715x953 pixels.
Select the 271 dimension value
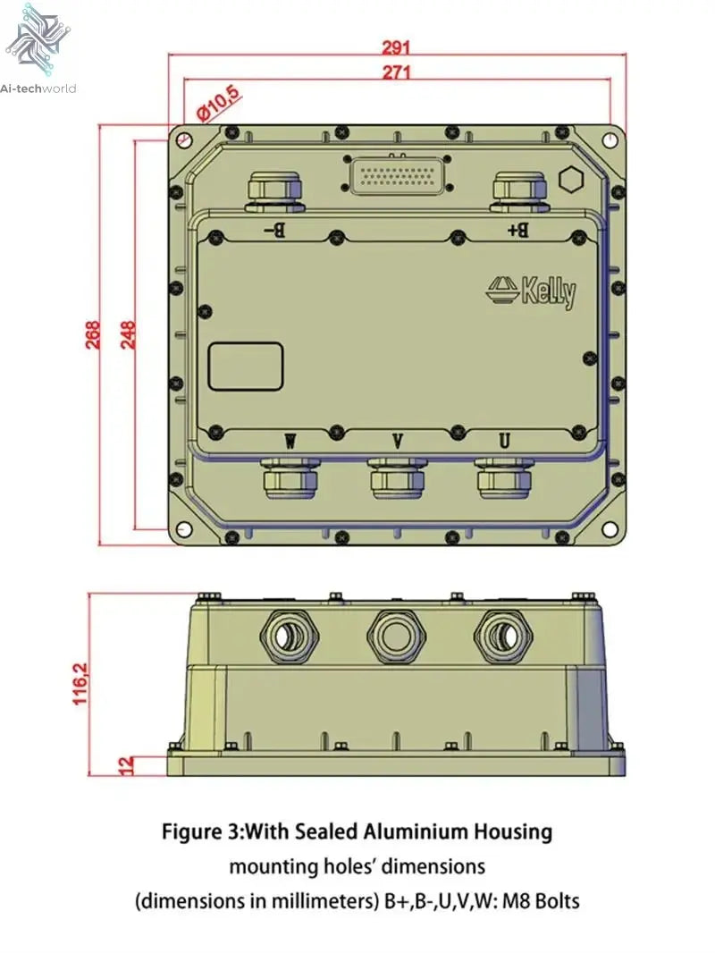[x=396, y=73]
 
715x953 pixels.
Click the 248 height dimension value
[x=127, y=335]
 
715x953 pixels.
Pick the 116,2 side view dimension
[x=80, y=684]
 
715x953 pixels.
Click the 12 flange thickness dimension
[x=125, y=765]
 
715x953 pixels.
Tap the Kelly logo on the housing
[x=531, y=291]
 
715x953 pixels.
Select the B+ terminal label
[x=518, y=230]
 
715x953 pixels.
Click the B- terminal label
[x=274, y=231]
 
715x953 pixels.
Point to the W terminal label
[x=290, y=441]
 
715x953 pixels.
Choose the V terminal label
[x=398, y=441]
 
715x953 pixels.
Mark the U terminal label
[x=504, y=441]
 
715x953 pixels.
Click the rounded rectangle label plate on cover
[x=247, y=367]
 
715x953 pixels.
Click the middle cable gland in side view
[x=394, y=637]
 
